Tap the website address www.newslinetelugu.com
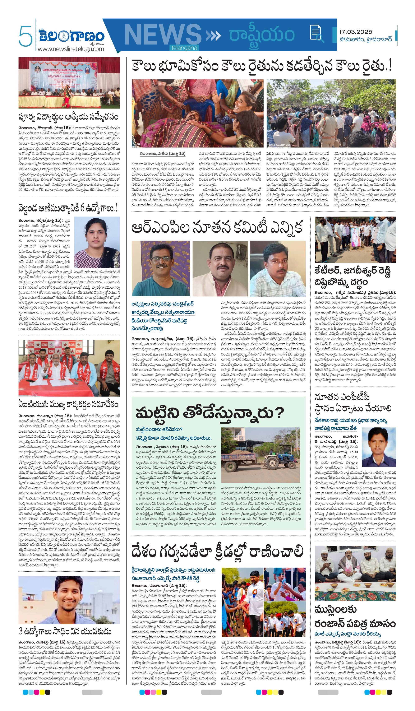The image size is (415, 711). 71,49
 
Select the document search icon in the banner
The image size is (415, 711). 316,33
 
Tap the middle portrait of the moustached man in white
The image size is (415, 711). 220,268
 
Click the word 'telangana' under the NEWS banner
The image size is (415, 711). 184,48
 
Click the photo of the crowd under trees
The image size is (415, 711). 331,113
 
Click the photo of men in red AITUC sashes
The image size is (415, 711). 69,368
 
